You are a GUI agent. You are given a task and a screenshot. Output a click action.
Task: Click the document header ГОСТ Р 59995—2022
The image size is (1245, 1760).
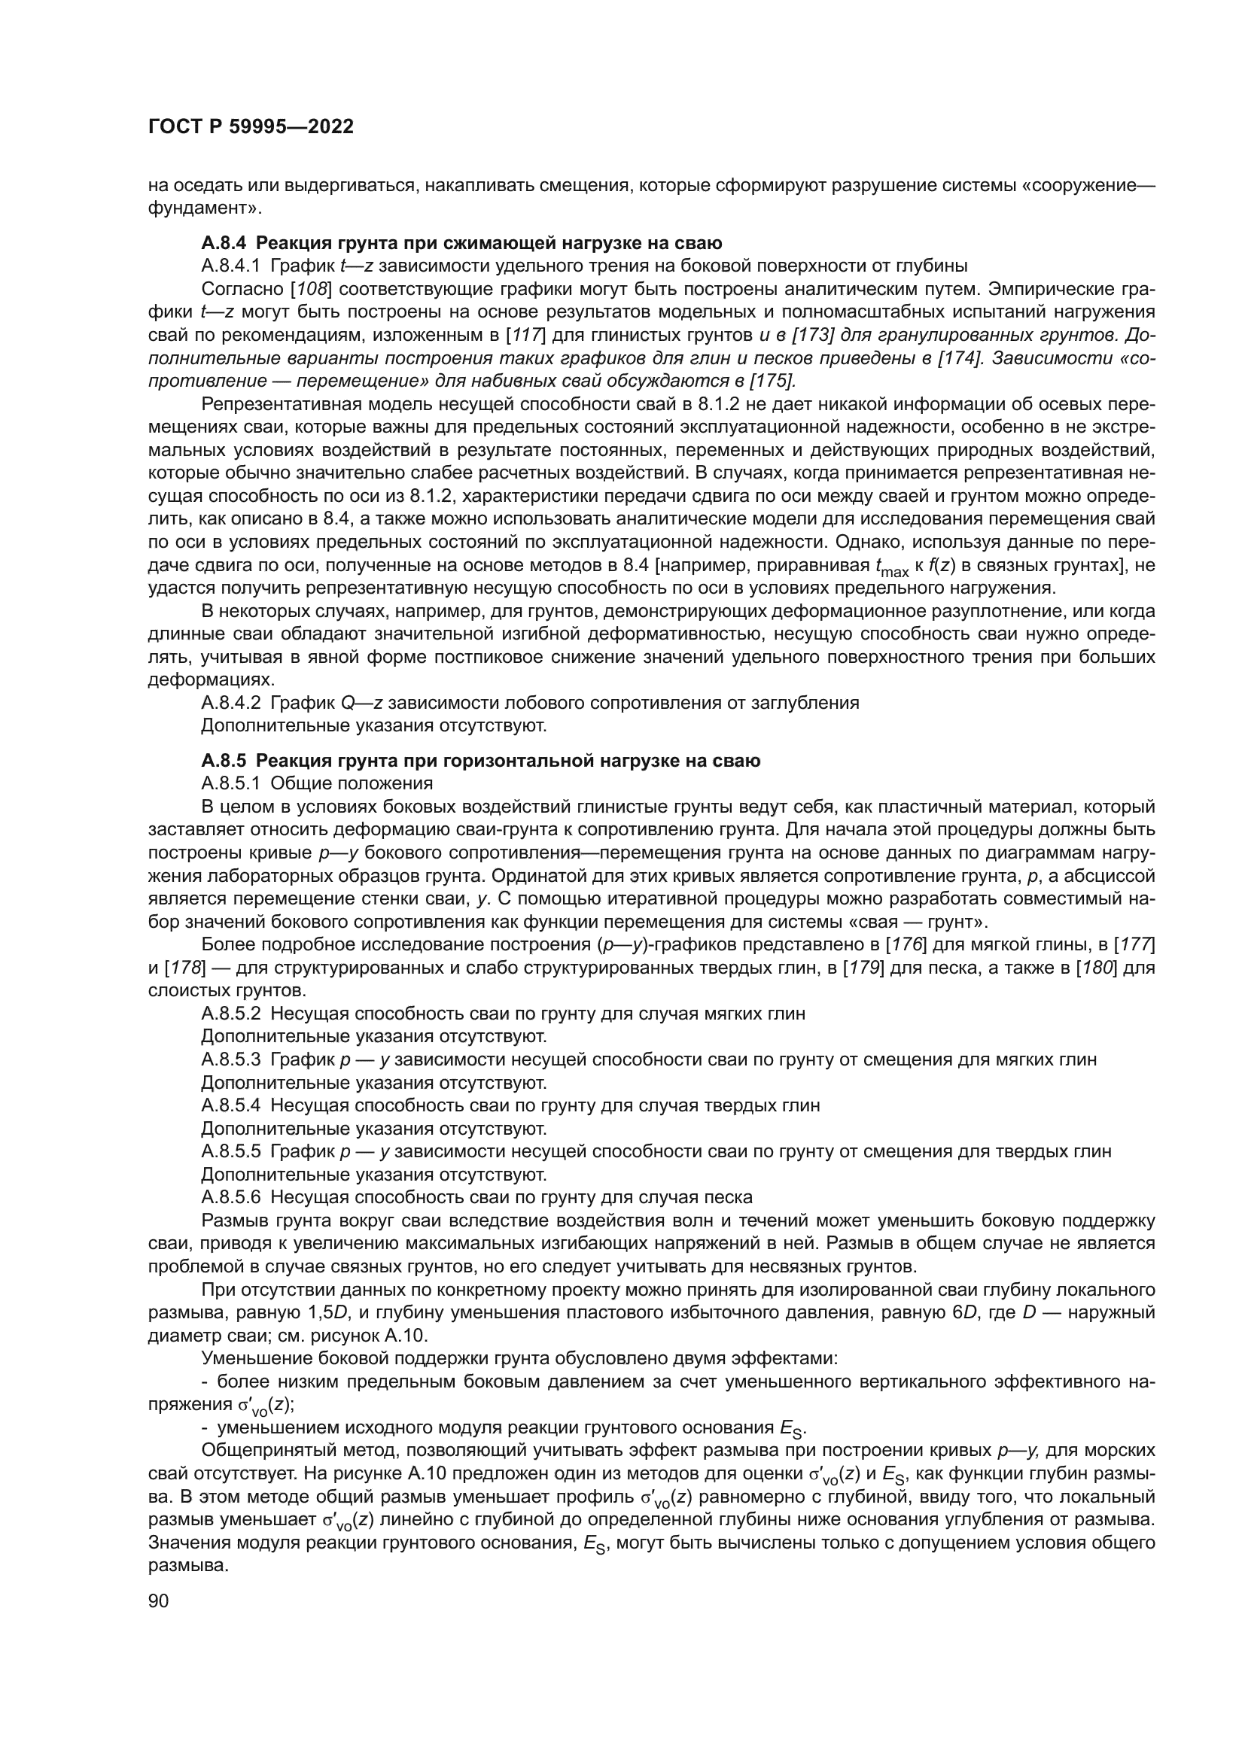coord(251,127)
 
